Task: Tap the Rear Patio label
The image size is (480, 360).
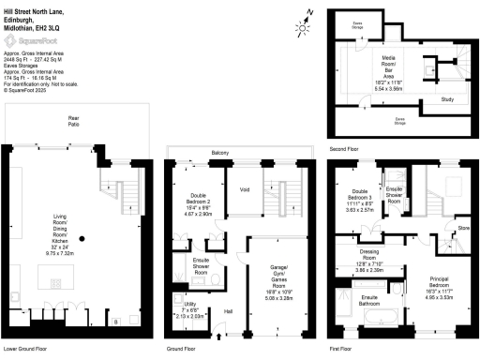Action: point(71,120)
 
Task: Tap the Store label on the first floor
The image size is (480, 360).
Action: point(463,228)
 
